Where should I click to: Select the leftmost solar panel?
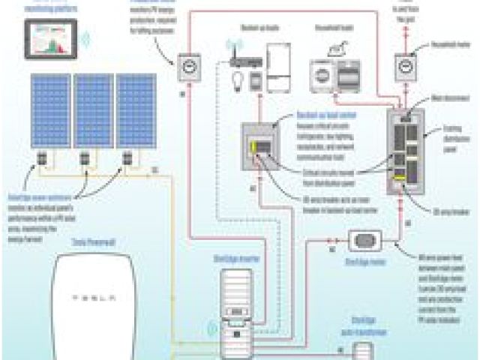click(x=50, y=110)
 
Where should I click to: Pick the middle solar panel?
click(x=94, y=110)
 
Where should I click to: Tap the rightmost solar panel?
click(x=136, y=110)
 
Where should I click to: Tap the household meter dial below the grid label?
click(x=406, y=68)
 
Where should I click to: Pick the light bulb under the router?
click(x=235, y=79)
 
